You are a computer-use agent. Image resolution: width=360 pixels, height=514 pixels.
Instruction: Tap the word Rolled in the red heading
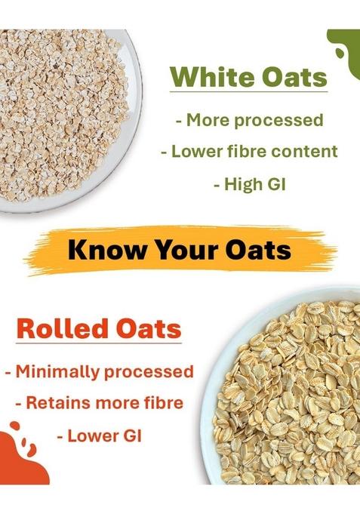click(55, 330)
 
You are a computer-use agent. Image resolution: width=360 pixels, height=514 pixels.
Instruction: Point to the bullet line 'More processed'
click(248, 120)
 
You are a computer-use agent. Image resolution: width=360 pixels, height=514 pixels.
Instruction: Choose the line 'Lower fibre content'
click(248, 151)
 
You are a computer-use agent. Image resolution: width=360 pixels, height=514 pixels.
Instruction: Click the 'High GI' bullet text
click(248, 183)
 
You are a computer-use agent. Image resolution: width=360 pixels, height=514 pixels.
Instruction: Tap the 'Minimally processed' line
click(99, 371)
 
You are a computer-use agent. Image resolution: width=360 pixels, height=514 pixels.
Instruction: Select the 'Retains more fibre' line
click(99, 403)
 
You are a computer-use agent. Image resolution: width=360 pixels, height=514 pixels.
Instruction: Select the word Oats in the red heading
click(143, 330)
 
